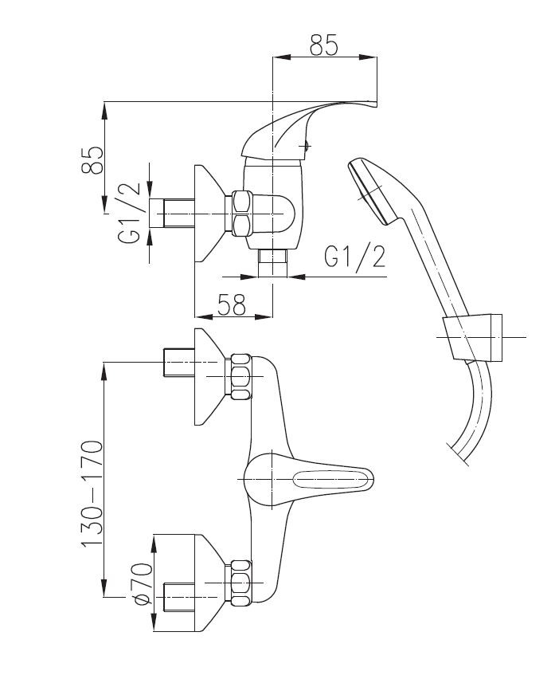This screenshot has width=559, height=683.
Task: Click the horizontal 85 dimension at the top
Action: point(324,46)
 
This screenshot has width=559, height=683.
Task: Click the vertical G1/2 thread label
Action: point(132,212)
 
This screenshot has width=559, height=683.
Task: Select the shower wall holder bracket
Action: point(474,338)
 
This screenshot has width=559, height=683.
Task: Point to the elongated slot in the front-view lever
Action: point(333,480)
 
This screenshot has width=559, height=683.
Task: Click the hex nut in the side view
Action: point(240,214)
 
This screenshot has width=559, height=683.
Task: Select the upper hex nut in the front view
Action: point(240,377)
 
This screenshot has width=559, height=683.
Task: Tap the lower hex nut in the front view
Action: point(240,582)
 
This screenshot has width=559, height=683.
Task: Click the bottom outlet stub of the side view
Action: point(273,264)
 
